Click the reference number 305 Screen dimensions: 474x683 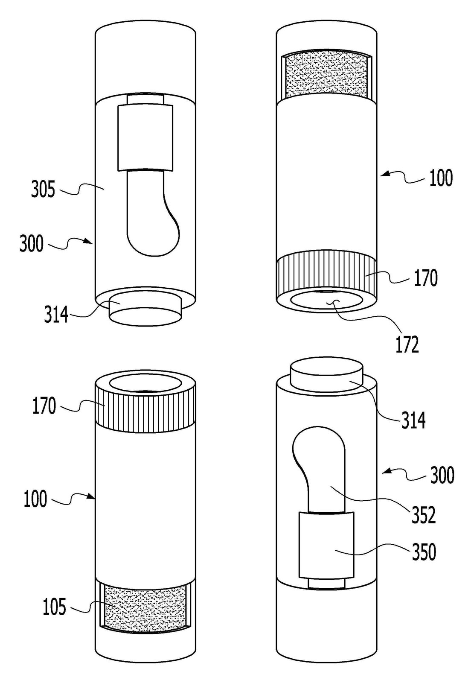click(43, 189)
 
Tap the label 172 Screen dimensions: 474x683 click(407, 344)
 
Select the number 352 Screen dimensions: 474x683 click(423, 515)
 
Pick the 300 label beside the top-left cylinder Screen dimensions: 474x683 click(32, 244)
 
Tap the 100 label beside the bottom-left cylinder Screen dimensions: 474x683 click(35, 499)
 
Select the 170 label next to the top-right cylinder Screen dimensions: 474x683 click(426, 278)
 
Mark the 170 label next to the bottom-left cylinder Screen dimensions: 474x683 click(44, 406)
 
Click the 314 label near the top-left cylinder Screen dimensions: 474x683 click(56, 314)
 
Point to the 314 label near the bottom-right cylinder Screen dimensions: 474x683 click(413, 420)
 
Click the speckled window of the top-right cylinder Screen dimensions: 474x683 click(326, 74)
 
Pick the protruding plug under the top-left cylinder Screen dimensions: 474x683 click(146, 311)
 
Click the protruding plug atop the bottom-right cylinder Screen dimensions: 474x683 click(326, 376)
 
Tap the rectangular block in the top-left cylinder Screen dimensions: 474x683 click(145, 137)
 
